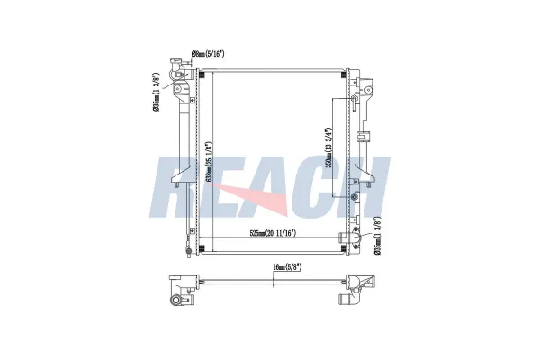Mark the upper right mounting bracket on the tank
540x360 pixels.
pyautogui.click(x=367, y=91)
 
